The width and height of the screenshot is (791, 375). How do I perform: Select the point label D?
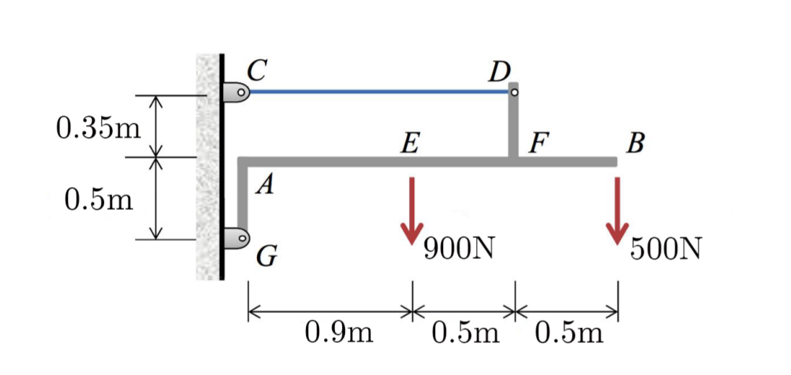pos(499,71)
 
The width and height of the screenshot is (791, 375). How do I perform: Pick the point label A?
pos(266,186)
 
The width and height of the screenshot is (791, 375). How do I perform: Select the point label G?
pos(266,255)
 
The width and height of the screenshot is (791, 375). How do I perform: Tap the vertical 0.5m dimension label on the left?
pos(98,198)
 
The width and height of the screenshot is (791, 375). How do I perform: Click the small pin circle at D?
pos(515,92)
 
